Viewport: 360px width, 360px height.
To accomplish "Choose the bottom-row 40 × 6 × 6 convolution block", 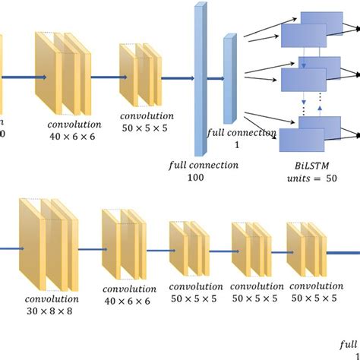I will [122, 245].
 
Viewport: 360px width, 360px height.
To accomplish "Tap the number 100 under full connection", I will [196, 177].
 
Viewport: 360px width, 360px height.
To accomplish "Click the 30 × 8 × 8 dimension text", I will [50, 311].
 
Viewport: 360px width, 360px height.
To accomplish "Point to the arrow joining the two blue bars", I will [214, 77].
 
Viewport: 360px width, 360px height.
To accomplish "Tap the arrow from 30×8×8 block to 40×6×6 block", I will [88, 248].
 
